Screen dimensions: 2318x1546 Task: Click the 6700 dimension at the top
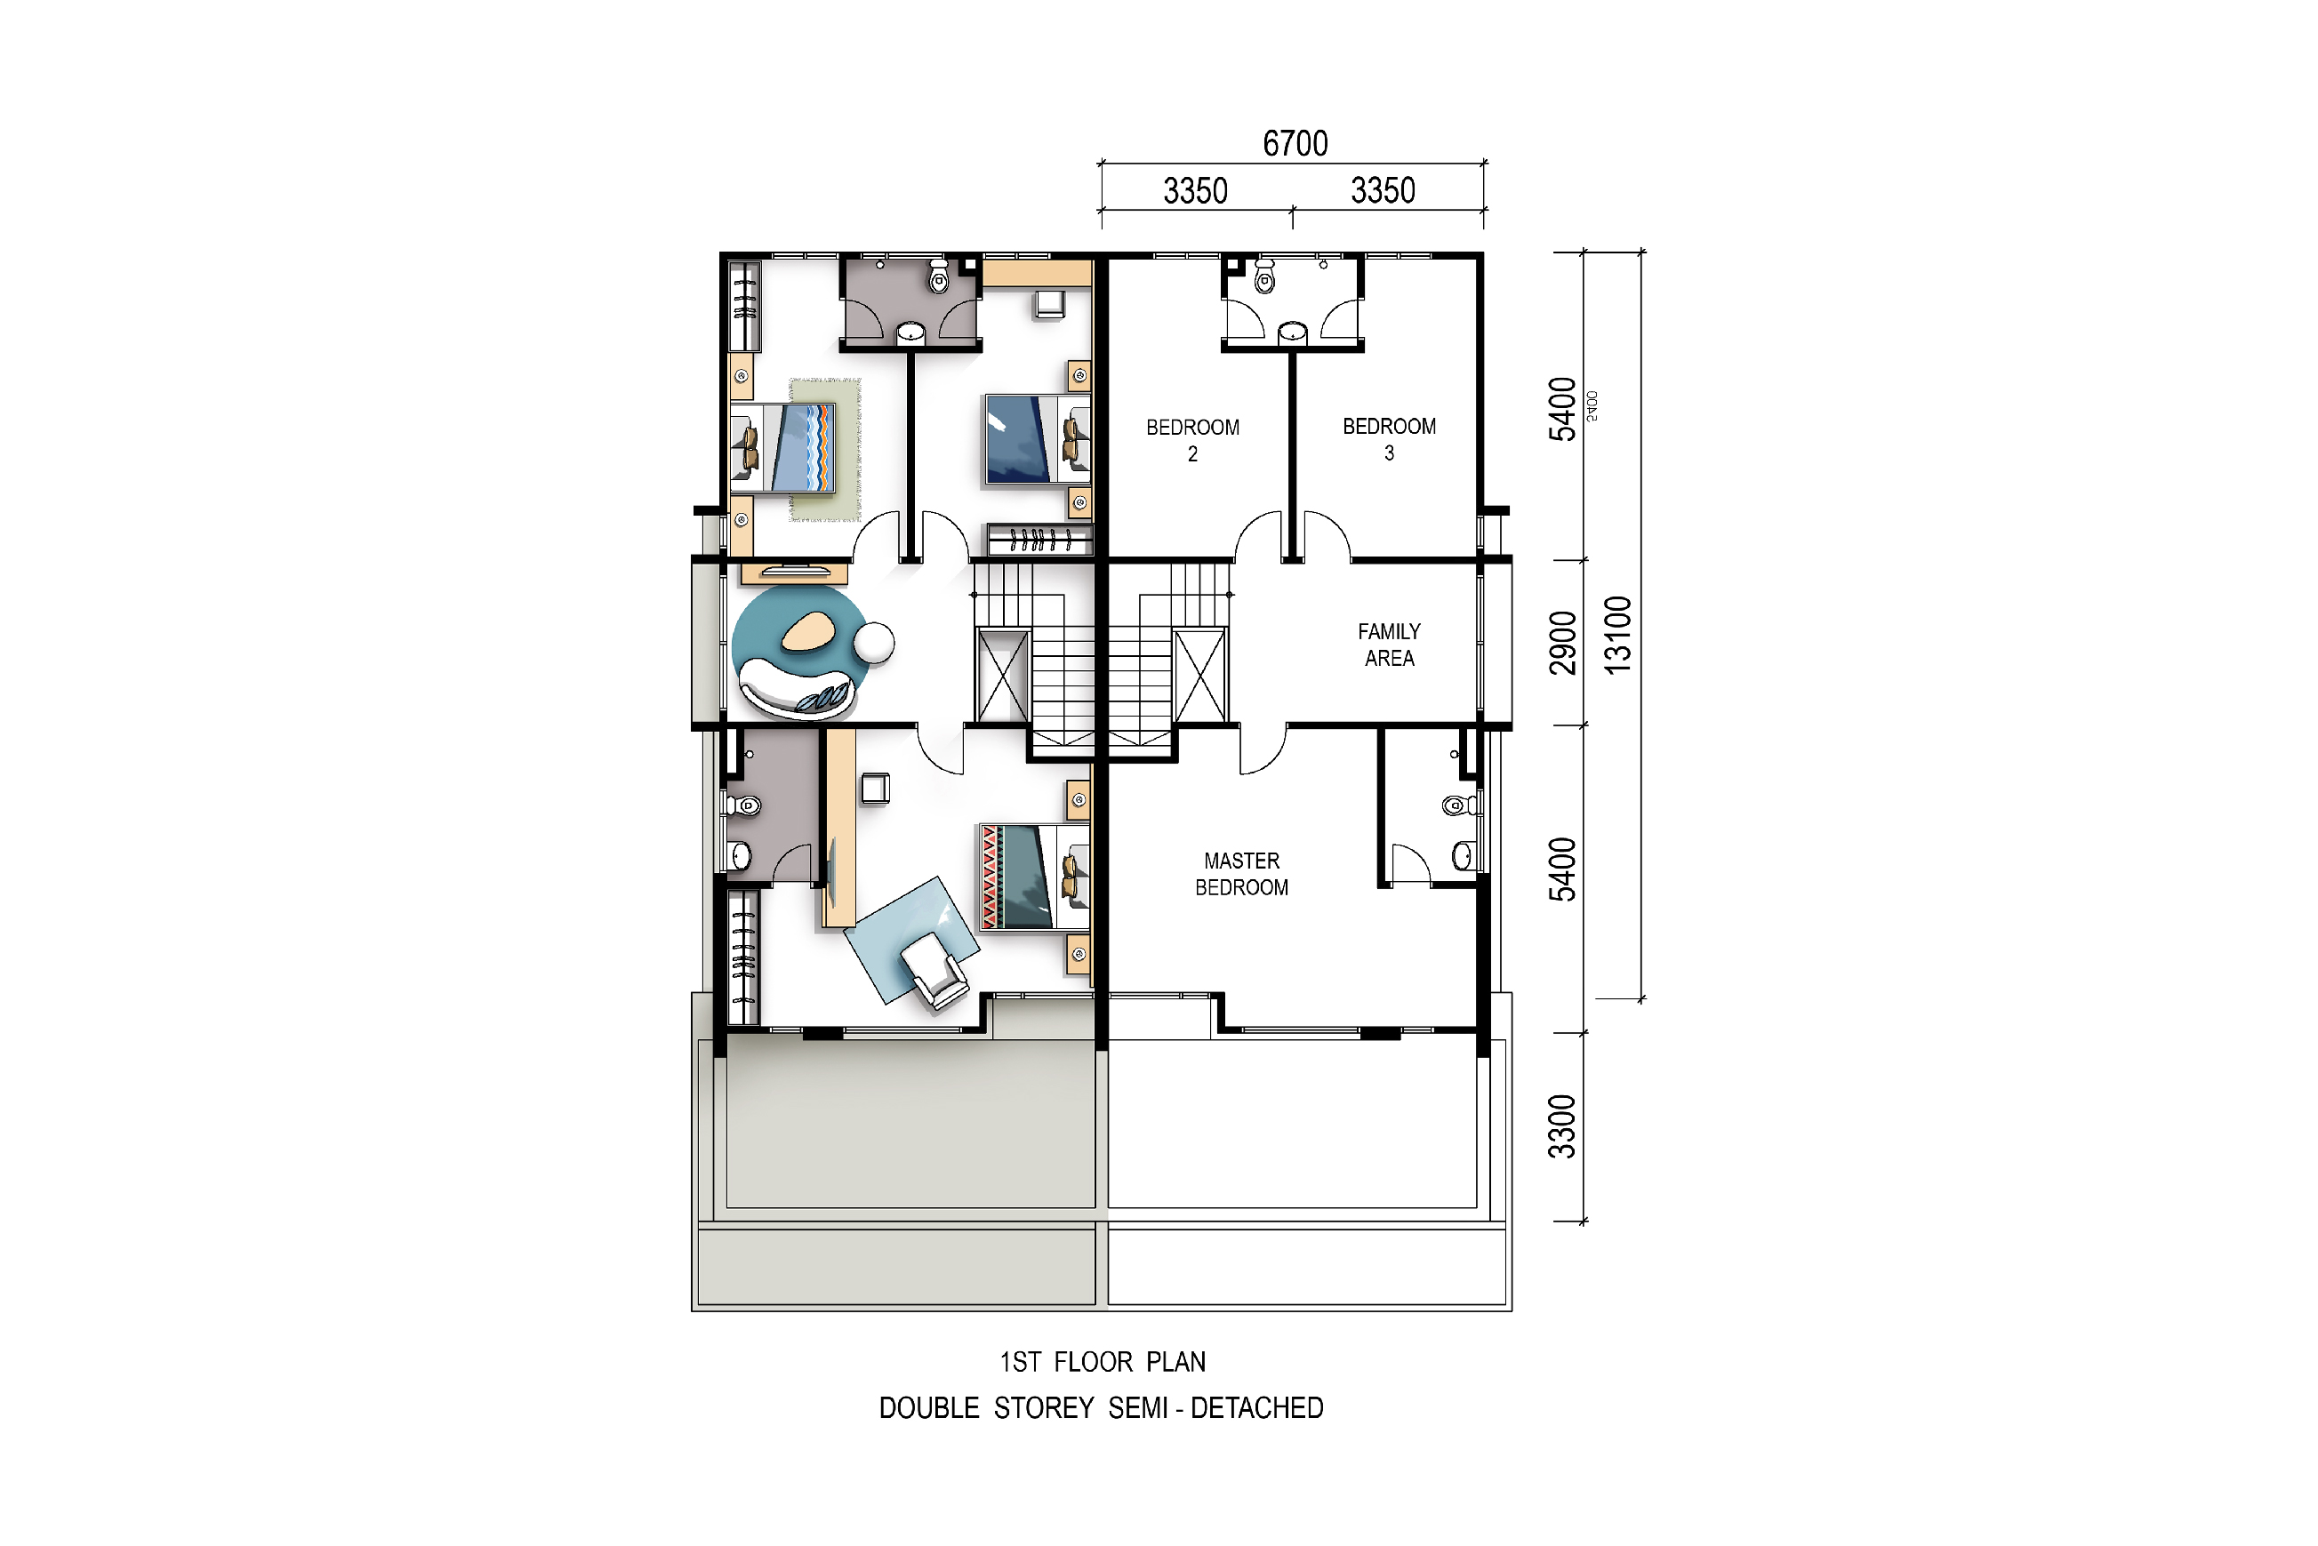pos(1295,144)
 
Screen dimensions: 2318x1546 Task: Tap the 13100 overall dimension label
pos(1618,635)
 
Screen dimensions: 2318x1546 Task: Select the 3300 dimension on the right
pos(1561,1126)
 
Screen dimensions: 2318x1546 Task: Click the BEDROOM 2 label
pos(1192,441)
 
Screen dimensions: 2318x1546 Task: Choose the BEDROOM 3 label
pos(1389,440)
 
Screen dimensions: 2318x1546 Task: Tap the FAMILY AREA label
pos(1389,645)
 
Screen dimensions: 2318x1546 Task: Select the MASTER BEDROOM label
pos(1241,874)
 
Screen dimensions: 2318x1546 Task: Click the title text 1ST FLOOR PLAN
pos(1103,1362)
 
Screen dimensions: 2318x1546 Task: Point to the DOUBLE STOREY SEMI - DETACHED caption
pos(1102,1408)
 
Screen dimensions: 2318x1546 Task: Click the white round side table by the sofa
pos(873,643)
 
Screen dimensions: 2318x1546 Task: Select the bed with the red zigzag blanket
pos(1034,877)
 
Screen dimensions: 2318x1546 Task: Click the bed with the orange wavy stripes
pos(782,448)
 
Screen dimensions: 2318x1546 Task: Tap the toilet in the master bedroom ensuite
pos(1458,805)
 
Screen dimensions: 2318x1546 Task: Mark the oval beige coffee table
pos(808,631)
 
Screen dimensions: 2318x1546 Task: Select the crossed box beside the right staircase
pos(1201,676)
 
